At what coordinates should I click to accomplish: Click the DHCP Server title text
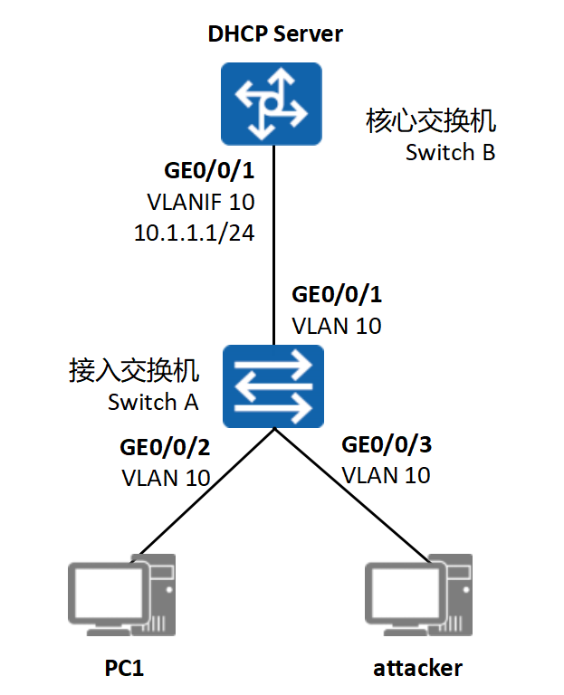[x=275, y=34]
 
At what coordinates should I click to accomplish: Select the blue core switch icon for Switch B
[x=272, y=104]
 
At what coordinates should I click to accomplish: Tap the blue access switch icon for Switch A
[x=273, y=386]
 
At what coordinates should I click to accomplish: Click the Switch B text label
[x=450, y=152]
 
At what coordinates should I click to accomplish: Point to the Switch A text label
[x=153, y=402]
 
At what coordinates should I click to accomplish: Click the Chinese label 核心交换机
[x=431, y=121]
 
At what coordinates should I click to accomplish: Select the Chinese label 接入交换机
[x=134, y=370]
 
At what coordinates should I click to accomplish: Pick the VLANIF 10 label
[x=201, y=202]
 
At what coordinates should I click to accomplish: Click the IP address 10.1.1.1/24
[x=195, y=233]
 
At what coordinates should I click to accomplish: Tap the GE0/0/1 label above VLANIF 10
[x=209, y=171]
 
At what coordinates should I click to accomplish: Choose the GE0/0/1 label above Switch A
[x=337, y=295]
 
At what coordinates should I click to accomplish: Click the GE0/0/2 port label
[x=165, y=447]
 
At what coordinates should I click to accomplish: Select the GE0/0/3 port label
[x=387, y=444]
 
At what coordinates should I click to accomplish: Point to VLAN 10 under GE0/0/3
[x=387, y=476]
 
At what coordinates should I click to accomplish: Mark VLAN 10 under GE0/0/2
[x=166, y=478]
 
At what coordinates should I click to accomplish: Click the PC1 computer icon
[x=122, y=595]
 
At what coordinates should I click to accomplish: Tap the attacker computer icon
[x=418, y=595]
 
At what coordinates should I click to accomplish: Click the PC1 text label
[x=124, y=668]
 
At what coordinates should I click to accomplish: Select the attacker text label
[x=417, y=669]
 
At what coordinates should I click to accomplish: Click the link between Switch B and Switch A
[x=274, y=245]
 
